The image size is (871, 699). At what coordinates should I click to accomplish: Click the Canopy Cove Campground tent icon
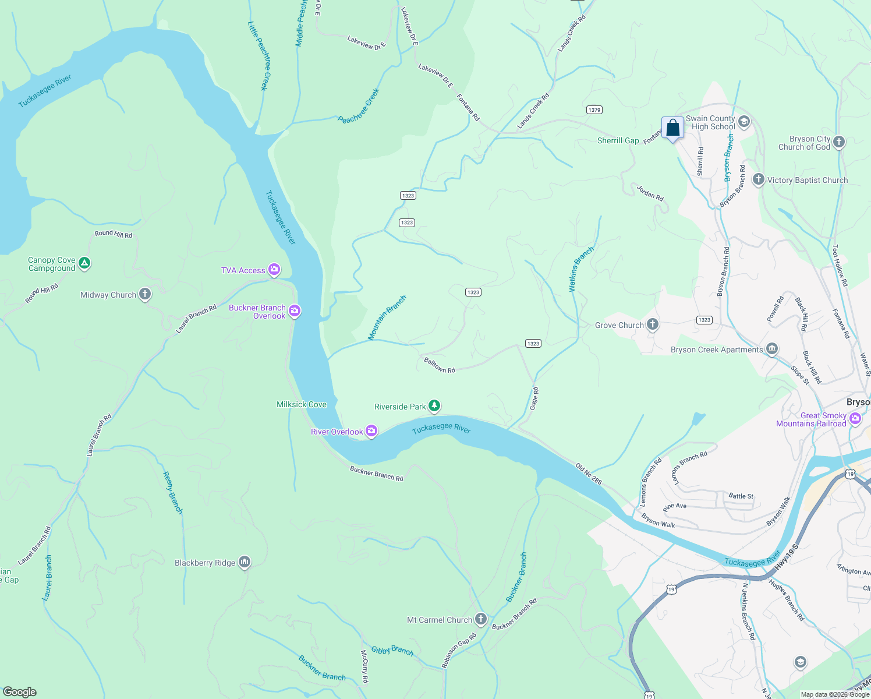(84, 264)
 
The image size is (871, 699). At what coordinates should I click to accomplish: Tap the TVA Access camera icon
(274, 270)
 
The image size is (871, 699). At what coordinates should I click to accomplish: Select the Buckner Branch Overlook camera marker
(295, 311)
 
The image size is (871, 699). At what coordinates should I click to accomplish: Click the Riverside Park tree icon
(434, 406)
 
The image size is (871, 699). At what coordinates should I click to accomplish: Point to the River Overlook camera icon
(371, 431)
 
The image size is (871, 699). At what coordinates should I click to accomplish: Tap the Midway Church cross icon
(145, 294)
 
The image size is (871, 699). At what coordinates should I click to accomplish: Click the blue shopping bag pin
(672, 128)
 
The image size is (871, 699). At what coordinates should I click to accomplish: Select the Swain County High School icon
(744, 122)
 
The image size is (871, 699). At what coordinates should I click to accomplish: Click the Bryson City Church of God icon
(838, 142)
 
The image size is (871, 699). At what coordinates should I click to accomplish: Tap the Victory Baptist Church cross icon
(758, 179)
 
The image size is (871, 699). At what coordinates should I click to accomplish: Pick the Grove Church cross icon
(653, 324)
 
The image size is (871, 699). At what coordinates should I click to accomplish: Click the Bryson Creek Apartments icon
(772, 349)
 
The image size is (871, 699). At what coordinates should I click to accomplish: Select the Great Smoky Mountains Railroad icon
(855, 418)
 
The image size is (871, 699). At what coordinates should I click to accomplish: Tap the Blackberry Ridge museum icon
(245, 562)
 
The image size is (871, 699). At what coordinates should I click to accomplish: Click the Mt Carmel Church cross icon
(480, 619)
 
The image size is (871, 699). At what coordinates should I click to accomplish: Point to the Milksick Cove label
(302, 404)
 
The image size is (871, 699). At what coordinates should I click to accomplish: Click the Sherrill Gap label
(618, 140)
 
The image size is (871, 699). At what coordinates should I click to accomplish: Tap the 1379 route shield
(594, 110)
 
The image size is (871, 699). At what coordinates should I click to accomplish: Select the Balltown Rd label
(440, 365)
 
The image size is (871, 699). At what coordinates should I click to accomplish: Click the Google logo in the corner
(20, 691)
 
